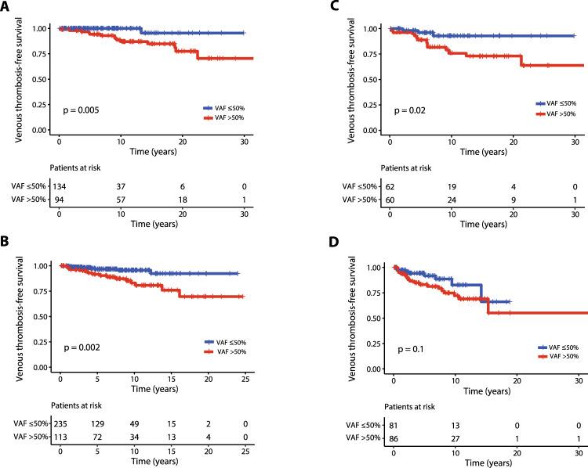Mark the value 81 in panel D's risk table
coord(395,426)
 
